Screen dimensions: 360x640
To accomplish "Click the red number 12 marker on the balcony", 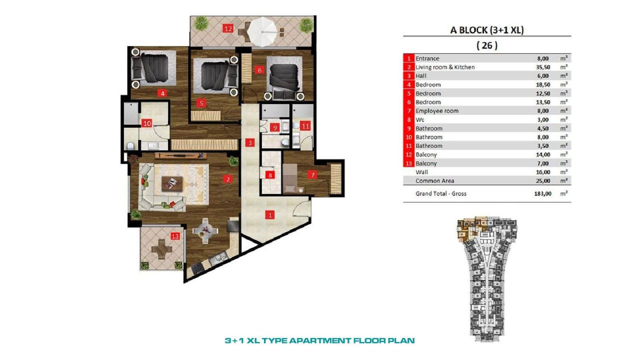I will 228,28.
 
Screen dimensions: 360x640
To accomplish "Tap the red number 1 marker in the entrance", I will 270,215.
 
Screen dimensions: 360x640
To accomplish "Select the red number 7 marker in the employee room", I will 312,175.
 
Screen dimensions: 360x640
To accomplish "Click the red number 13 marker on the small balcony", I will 175,236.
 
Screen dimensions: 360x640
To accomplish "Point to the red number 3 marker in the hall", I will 249,143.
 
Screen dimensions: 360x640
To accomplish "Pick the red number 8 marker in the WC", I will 270,175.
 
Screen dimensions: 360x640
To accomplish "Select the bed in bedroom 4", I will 153,68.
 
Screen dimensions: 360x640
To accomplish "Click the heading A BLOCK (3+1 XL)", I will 486,30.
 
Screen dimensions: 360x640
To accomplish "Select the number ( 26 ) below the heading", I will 486,45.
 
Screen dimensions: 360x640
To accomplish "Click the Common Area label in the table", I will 434,180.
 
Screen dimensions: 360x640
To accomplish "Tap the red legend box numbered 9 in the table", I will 409,128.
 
